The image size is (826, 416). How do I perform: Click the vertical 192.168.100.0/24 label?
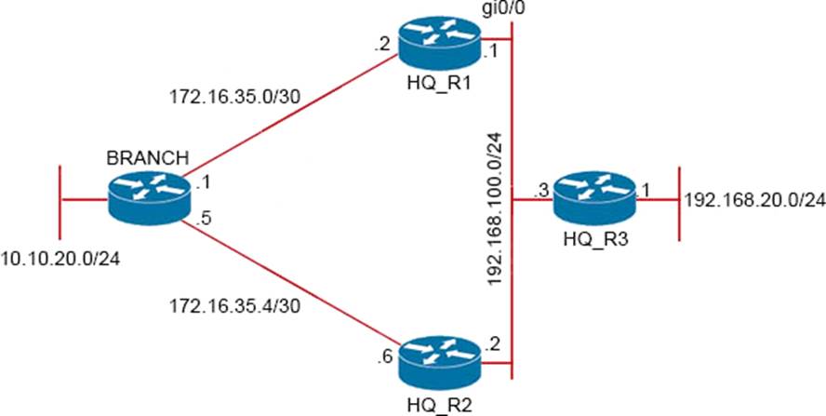click(495, 205)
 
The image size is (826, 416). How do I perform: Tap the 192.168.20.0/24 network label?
click(754, 199)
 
